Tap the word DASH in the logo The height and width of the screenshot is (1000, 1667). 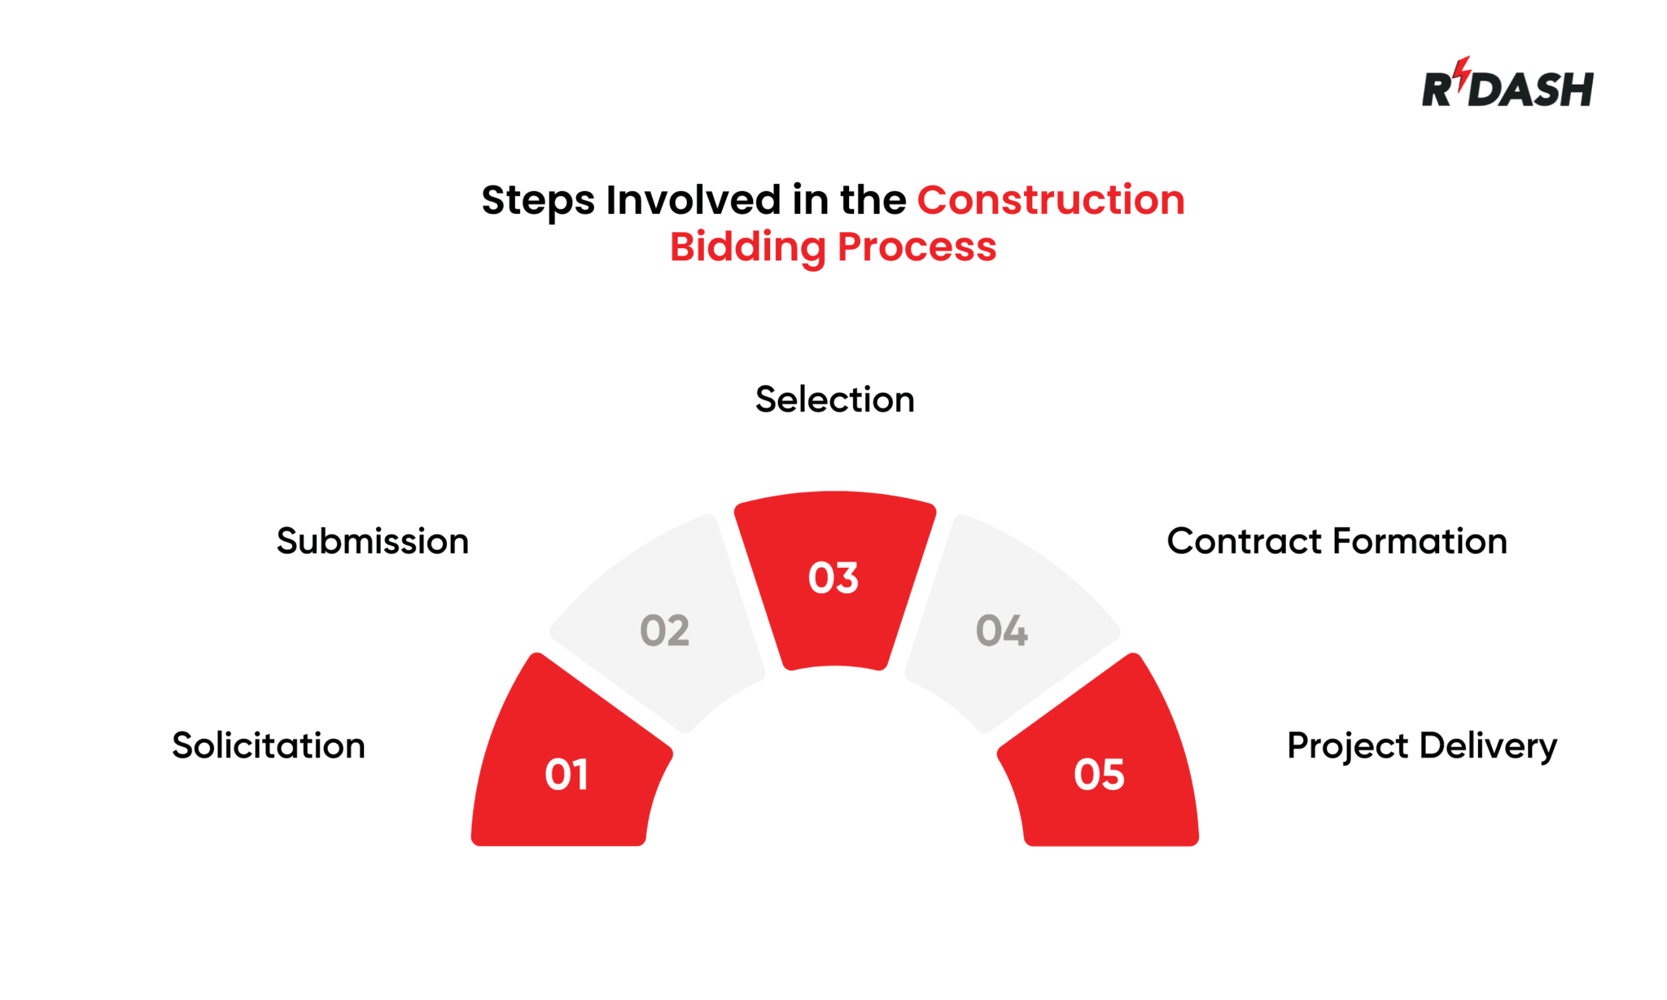[x=1534, y=90]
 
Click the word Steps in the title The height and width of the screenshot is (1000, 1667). [x=537, y=201]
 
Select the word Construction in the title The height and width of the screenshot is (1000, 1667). [x=1051, y=200]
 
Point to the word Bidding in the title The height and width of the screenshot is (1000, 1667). [x=747, y=247]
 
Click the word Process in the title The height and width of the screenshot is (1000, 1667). [x=917, y=247]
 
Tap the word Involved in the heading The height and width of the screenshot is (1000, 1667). [x=693, y=200]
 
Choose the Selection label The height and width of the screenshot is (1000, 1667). [x=834, y=400]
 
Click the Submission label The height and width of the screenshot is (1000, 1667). [x=373, y=542]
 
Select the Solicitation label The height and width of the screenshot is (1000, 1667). [x=269, y=746]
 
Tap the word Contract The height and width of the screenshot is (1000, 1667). [x=1245, y=542]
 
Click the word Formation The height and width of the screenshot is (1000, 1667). [x=1420, y=542]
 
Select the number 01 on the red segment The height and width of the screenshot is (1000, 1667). [x=567, y=775]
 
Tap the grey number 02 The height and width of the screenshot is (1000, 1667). [x=664, y=631]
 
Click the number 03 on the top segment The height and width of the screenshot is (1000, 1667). [x=833, y=578]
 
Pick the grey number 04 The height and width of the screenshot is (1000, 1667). [x=1002, y=631]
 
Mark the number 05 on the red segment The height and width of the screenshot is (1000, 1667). [x=1099, y=775]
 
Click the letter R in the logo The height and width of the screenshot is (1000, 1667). [x=1437, y=90]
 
